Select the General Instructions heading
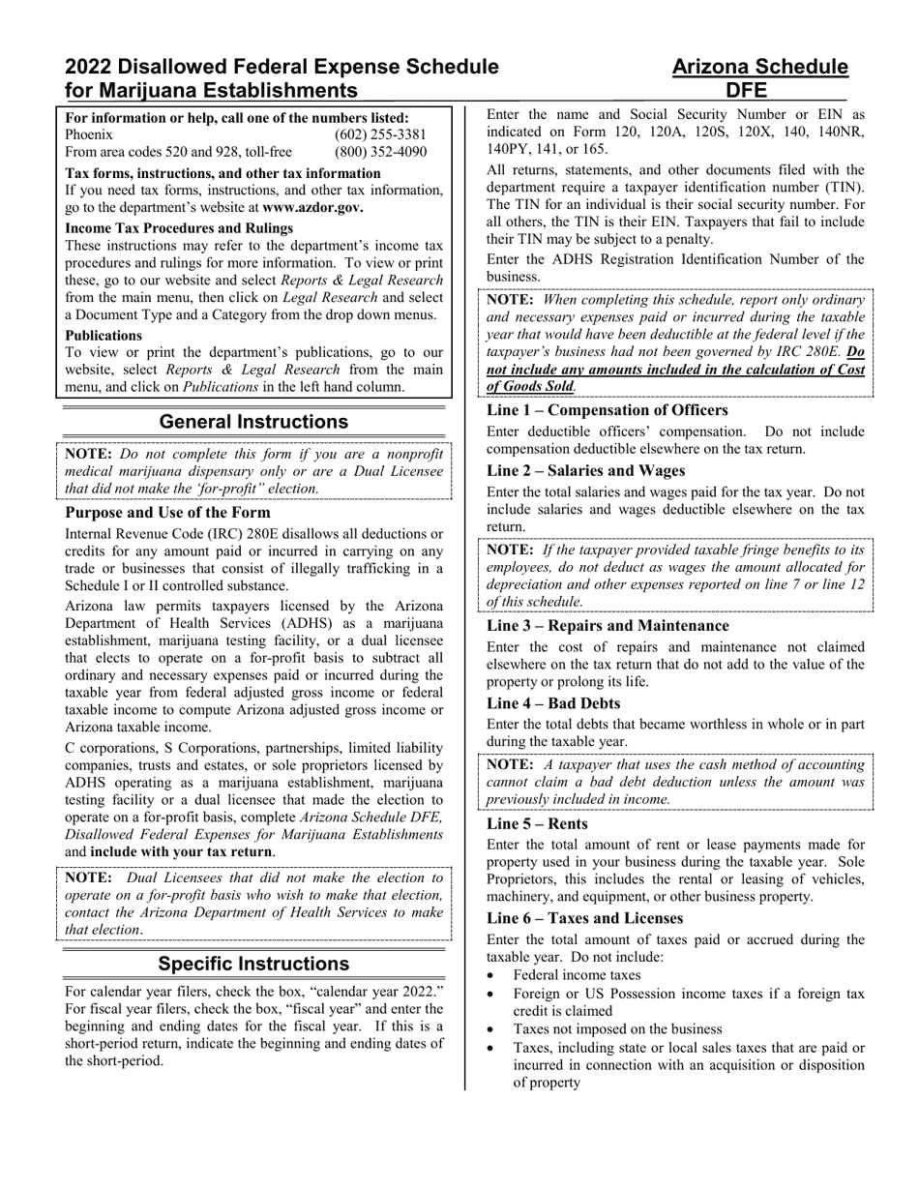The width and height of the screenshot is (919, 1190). [x=253, y=422]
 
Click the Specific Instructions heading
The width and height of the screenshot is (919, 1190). [x=253, y=964]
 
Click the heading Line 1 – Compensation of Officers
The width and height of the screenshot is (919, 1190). [x=607, y=410]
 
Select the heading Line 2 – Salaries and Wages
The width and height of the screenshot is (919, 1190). [x=585, y=470]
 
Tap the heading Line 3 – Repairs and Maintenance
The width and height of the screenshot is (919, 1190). [x=608, y=626]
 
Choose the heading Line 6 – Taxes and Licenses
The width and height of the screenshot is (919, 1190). [x=584, y=918]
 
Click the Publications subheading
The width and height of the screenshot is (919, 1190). [x=104, y=335]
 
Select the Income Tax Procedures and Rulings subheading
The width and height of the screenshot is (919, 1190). [x=179, y=228]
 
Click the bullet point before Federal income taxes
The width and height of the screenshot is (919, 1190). [x=493, y=975]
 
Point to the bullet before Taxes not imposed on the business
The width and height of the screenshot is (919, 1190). [x=493, y=1029]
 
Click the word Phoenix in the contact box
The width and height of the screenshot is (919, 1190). [x=89, y=134]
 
